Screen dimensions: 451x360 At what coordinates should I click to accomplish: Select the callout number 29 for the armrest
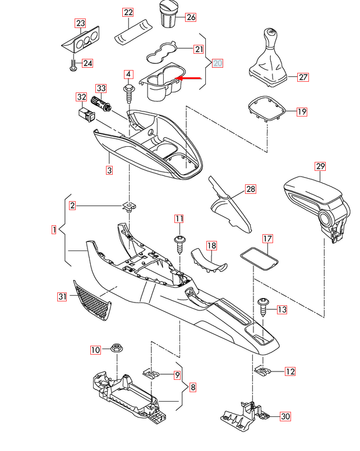pyautogui.click(x=320, y=166)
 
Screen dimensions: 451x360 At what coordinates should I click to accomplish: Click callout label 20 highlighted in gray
pyautogui.click(x=217, y=63)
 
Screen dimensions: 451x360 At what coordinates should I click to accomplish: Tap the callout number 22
pyautogui.click(x=128, y=12)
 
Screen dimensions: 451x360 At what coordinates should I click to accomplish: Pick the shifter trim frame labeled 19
pyautogui.click(x=267, y=109)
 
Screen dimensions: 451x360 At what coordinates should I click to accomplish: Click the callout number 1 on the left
pyautogui.click(x=54, y=229)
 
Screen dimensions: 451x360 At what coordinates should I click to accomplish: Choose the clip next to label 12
pyautogui.click(x=262, y=370)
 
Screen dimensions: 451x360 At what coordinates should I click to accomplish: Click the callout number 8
pyautogui.click(x=192, y=387)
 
